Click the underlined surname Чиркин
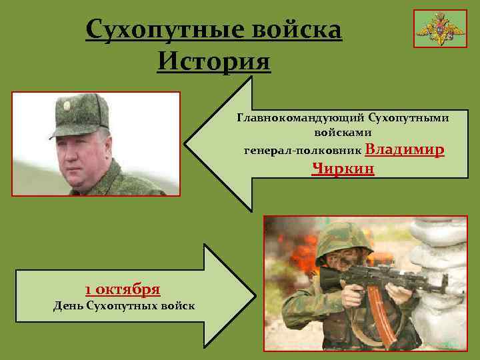point(343,169)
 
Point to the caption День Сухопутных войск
point(124,306)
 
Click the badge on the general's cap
point(67,106)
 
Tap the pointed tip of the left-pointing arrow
point(186,144)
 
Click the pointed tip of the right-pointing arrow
point(245,294)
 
